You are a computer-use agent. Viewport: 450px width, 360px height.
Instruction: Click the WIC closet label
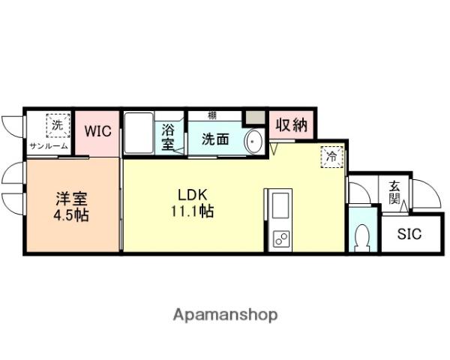pyautogui.click(x=97, y=131)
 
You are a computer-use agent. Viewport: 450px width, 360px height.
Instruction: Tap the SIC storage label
pyautogui.click(x=409, y=234)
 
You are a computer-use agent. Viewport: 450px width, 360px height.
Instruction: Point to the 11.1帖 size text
pyautogui.click(x=193, y=211)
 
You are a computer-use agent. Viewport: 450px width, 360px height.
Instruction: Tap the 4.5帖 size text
pyautogui.click(x=72, y=216)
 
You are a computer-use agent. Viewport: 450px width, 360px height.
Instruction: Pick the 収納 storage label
pyautogui.click(x=289, y=126)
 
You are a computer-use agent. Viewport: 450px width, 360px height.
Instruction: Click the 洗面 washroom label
pyautogui.click(x=214, y=139)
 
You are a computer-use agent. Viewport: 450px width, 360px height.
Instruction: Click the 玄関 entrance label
pyautogui.click(x=394, y=192)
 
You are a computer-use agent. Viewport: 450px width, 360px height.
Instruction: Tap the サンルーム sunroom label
pyautogui.click(x=49, y=146)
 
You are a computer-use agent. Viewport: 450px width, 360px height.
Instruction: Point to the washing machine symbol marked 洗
pyautogui.click(x=57, y=124)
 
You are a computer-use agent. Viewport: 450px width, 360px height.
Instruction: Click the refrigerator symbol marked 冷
pyautogui.click(x=330, y=157)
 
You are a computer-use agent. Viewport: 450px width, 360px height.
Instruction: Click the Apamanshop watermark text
pyautogui.click(x=225, y=314)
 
